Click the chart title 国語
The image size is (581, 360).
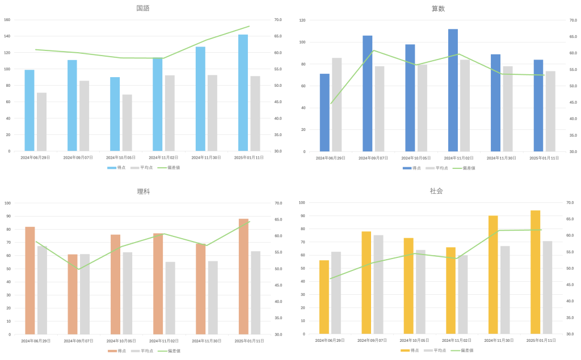(143, 8)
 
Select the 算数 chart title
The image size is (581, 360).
(439, 8)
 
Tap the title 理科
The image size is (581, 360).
(143, 192)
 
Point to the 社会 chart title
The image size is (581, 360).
(436, 191)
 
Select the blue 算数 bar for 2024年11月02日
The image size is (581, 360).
(453, 90)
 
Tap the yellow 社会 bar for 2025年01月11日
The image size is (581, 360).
(535, 272)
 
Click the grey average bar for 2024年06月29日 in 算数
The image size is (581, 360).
(337, 104)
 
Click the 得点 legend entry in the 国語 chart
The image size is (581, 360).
(116, 168)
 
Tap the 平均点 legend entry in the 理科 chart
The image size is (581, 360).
(141, 351)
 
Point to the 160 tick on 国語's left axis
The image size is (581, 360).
(7, 20)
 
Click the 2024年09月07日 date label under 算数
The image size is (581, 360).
(372, 158)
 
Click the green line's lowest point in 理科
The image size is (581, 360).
(78, 269)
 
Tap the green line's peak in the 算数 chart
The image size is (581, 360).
(373, 50)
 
